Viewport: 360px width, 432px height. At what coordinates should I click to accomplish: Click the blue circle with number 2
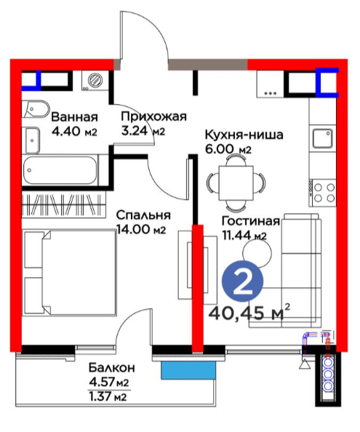tap(242, 281)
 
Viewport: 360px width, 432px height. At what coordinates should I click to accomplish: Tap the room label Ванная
tap(75, 117)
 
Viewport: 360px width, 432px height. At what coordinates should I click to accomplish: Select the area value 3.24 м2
tap(143, 131)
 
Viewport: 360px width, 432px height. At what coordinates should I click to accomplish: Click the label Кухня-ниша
tap(244, 135)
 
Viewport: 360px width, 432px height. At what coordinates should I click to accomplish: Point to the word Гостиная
tap(251, 221)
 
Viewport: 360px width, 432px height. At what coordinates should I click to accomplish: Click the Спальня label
tap(143, 215)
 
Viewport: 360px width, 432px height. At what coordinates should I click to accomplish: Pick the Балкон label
tap(112, 367)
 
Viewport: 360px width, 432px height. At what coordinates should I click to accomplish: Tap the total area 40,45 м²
tap(249, 313)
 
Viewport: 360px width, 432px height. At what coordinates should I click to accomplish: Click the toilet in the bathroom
tap(36, 109)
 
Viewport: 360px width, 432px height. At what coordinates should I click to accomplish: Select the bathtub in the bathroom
tap(60, 170)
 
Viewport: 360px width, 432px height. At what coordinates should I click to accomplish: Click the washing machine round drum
tap(95, 80)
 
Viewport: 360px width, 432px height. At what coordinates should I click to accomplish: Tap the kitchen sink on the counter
tap(322, 138)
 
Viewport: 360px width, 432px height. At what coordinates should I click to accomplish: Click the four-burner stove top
tap(322, 193)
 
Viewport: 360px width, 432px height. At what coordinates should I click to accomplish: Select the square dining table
tap(236, 183)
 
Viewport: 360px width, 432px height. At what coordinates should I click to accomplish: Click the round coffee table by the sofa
tap(257, 252)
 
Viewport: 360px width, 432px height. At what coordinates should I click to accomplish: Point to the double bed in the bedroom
tap(69, 273)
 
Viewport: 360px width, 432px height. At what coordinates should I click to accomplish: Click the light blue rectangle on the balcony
tap(188, 370)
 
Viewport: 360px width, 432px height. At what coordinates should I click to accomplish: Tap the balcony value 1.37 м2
tap(108, 397)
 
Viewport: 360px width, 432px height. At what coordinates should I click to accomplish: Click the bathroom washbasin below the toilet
tap(32, 140)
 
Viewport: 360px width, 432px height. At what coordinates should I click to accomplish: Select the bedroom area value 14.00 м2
tap(141, 229)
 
